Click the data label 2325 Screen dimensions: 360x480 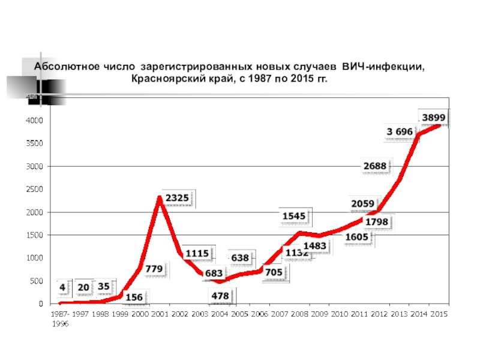(177, 197)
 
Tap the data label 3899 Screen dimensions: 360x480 (433, 117)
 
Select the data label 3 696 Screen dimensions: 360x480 (400, 131)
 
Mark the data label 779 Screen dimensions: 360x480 (154, 269)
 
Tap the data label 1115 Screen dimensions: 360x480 (197, 254)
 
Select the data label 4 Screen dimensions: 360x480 (62, 287)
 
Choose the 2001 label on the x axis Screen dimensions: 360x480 (160, 314)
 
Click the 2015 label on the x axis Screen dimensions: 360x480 (439, 314)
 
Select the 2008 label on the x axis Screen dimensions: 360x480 (299, 314)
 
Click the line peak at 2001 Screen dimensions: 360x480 (160, 197)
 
